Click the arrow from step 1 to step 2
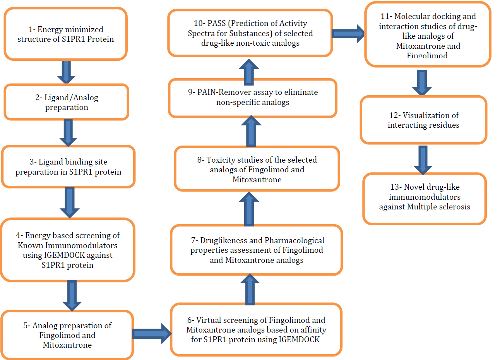[66, 72]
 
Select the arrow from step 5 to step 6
[152, 334]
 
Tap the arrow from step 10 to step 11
[348, 34]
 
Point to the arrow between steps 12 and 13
[423, 160]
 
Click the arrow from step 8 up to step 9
[251, 131]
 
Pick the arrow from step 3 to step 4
[70, 202]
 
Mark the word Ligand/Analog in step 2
[71, 98]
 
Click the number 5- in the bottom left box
[27, 326]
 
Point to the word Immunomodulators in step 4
[81, 245]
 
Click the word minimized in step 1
[85, 29]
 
